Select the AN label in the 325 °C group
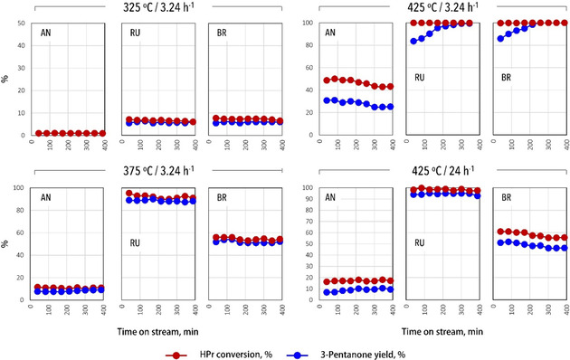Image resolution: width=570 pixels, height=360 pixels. pos(46,33)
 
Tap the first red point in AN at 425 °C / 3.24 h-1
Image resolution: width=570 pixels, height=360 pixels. pos(327,81)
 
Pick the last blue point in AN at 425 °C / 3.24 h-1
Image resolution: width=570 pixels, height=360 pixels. pos(390,107)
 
